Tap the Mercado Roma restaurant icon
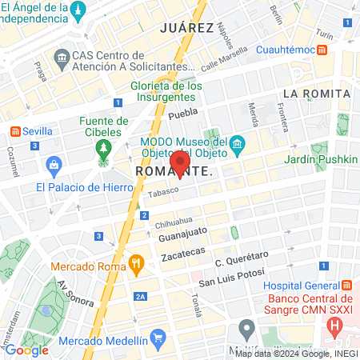click(137, 262)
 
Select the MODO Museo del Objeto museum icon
click(237, 144)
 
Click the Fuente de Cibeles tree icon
click(102, 149)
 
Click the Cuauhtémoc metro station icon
click(321, 50)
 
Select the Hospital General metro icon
click(346, 286)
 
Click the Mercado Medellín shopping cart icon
click(158, 338)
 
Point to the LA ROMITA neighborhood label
click(317, 94)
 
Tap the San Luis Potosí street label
click(230, 281)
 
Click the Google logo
click(26, 350)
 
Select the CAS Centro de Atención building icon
click(61, 58)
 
